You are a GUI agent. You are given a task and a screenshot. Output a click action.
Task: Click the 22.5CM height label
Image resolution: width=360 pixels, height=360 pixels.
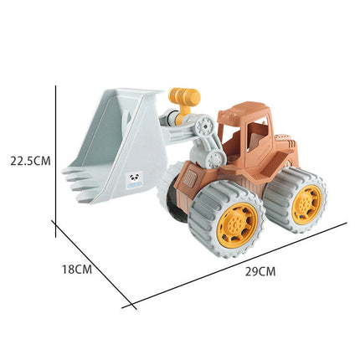(30, 161)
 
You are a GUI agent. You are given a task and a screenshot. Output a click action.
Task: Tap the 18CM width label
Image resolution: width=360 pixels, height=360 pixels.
(77, 270)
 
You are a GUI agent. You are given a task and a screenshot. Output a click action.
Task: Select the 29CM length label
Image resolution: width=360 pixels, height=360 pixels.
(260, 271)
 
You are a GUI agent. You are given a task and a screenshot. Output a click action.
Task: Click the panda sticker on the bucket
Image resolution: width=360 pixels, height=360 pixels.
(135, 179)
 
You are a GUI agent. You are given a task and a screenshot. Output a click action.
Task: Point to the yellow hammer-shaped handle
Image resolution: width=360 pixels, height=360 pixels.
(184, 100)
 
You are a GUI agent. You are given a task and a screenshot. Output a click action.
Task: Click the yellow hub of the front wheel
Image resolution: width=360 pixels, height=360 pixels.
(238, 225)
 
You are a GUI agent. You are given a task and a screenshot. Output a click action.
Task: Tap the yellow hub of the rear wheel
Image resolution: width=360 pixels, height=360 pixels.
(306, 201)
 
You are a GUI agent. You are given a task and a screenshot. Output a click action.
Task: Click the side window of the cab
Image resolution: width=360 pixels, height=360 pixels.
(259, 136)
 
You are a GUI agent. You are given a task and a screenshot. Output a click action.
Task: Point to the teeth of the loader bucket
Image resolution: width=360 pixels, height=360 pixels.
(80, 183)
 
